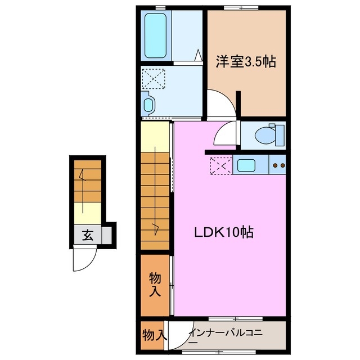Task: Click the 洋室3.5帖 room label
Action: click(246, 62)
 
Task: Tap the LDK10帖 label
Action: click(223, 231)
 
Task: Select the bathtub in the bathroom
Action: click(155, 36)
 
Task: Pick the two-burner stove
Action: click(278, 166)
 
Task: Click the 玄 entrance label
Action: click(88, 235)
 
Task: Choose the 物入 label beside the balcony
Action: click(154, 334)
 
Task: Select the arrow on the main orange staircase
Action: click(156, 228)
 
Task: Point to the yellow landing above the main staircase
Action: click(155, 136)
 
